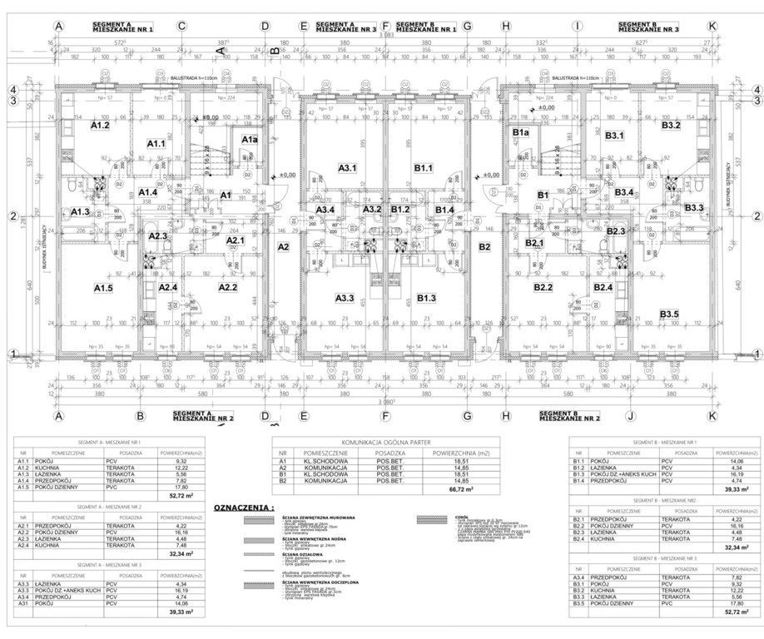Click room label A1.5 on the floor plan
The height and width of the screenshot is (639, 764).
point(102,288)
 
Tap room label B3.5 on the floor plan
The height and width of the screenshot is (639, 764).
point(669,313)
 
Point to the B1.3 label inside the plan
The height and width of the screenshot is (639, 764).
point(426,297)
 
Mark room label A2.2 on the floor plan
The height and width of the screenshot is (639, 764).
point(228,288)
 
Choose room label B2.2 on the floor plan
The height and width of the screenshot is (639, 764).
point(543,288)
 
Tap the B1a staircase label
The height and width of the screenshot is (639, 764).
point(521,133)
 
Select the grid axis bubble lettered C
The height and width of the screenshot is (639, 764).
point(181,27)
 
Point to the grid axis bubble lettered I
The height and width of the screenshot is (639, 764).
point(576,27)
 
